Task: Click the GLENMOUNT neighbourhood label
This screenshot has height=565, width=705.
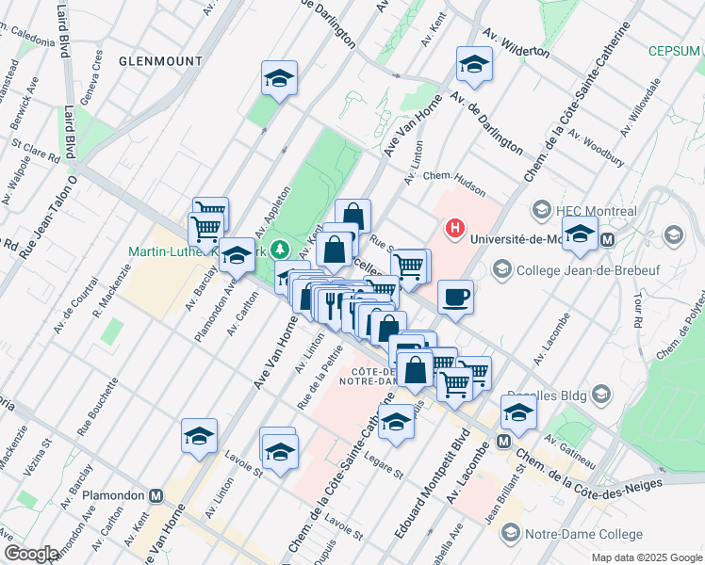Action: point(160,60)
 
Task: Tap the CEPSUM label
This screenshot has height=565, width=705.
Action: point(676,51)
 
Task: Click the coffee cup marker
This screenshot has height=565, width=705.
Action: point(455,299)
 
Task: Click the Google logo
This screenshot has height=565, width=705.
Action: point(31,554)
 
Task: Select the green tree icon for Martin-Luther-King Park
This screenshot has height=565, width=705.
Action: point(279,250)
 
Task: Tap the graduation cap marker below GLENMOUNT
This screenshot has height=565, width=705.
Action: point(279,80)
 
